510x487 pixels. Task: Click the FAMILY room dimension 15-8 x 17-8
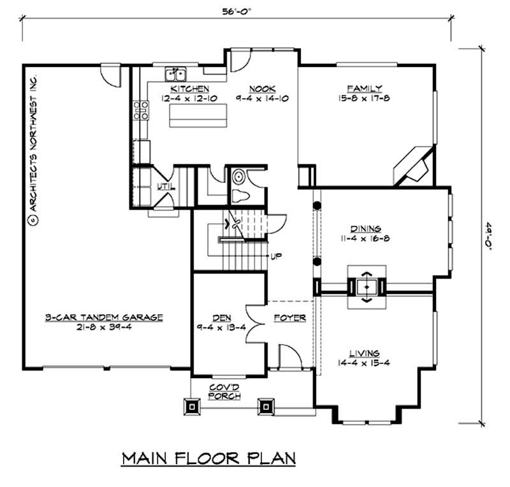[365, 98]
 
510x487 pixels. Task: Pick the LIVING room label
[364, 353]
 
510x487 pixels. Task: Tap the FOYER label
[289, 317]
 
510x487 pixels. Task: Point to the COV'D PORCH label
[226, 391]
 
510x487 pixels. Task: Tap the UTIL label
[164, 187]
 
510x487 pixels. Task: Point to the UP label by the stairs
[277, 256]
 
